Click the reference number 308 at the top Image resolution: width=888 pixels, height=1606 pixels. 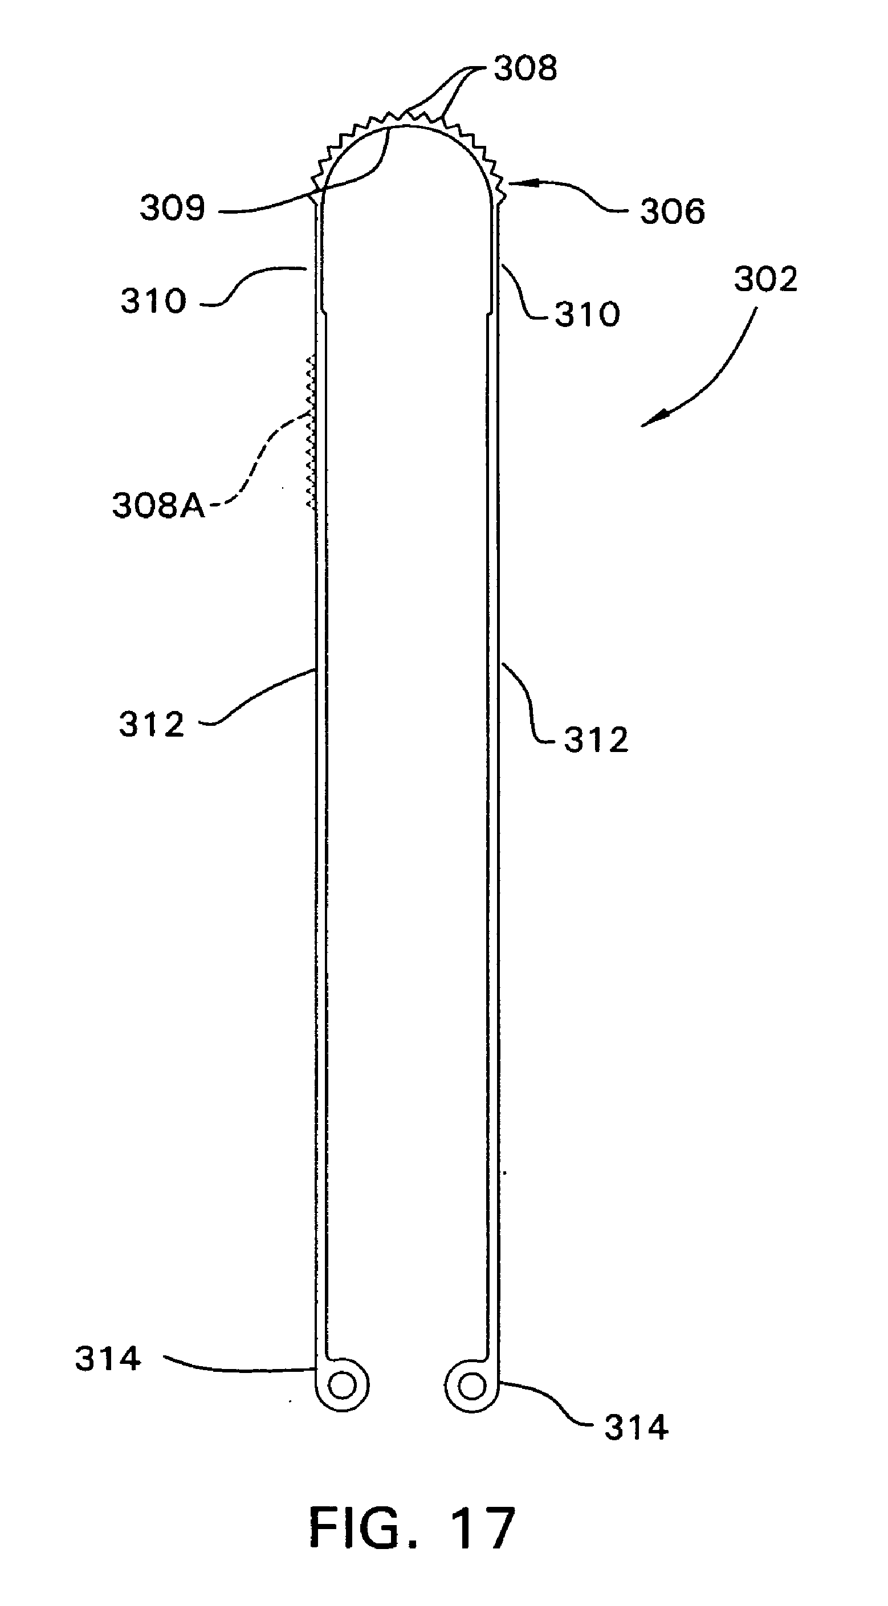pyautogui.click(x=525, y=68)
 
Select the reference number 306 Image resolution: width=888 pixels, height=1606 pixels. pyautogui.click(x=672, y=211)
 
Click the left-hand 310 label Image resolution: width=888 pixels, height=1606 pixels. pyautogui.click(x=153, y=301)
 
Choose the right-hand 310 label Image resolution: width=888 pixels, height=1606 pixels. pyautogui.click(x=588, y=314)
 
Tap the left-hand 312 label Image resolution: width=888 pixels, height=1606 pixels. pyautogui.click(x=152, y=725)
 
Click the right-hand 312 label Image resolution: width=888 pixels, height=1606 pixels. pyautogui.click(x=596, y=740)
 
